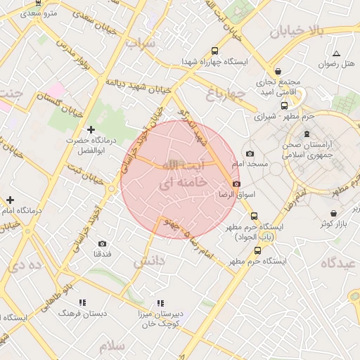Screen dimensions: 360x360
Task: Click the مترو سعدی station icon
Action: click(37, 3)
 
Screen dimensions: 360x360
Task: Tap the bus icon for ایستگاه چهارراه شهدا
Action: click(214, 51)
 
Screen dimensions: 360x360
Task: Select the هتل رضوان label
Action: click(335, 64)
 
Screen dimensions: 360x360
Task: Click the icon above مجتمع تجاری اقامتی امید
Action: click(279, 71)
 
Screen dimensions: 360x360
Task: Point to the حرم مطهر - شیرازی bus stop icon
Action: click(284, 106)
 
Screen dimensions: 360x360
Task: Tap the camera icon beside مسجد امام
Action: click(249, 153)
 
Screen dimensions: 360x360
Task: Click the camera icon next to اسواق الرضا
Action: click(236, 183)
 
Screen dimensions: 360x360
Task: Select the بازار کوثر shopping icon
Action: click(333, 213)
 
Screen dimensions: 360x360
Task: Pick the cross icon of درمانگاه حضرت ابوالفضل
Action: click(91, 129)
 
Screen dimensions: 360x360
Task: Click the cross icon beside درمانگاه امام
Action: click(10, 200)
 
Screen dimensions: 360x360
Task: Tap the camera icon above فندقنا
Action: click(102, 243)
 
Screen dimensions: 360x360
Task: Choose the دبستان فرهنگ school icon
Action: click(82, 302)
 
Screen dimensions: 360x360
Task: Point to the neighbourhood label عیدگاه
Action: click(339, 262)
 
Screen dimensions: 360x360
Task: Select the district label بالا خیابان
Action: click(296, 30)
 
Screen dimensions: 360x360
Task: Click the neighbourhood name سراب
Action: click(140, 44)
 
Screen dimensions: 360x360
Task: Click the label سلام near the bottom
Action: click(112, 346)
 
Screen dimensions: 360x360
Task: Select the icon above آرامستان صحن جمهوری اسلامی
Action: click(306, 133)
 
